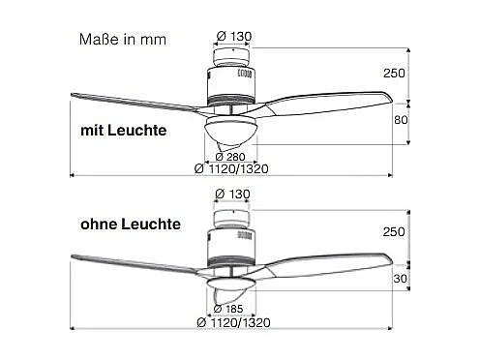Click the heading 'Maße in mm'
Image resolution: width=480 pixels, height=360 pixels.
point(122,40)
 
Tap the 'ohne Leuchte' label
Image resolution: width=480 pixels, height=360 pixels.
point(131,224)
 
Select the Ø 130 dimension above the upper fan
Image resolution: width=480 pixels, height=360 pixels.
point(231,37)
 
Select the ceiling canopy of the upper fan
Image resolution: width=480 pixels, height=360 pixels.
point(231,53)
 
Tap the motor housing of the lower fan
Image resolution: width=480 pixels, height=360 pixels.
point(230,242)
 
